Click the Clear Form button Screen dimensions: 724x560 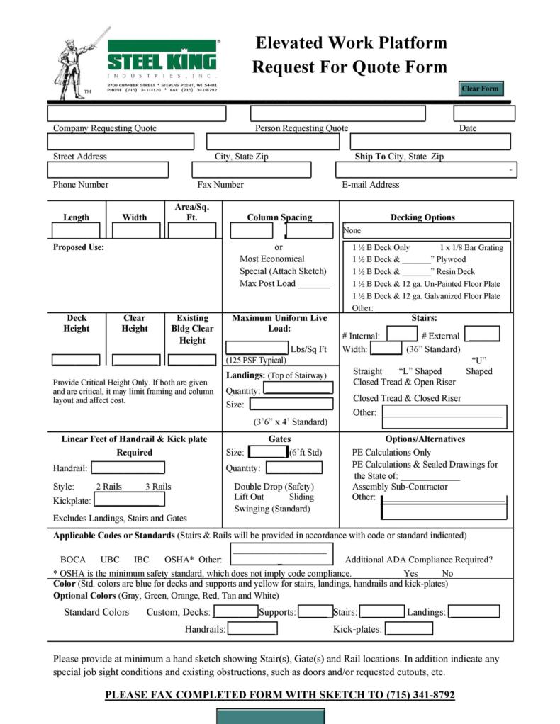[480, 89]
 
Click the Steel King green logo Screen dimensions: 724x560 [162, 55]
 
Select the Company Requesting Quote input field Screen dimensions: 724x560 [137, 113]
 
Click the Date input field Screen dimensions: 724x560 [484, 113]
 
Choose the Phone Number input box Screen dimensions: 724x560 [108, 170]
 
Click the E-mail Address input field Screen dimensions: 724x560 [426, 170]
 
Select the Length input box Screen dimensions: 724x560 [76, 231]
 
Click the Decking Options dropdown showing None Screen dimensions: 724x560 [426, 231]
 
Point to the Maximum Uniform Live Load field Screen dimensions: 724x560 [257, 349]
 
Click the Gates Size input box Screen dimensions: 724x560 [268, 452]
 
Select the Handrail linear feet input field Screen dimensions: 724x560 [128, 468]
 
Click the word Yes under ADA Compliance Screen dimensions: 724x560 [410, 573]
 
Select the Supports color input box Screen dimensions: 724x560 [315, 612]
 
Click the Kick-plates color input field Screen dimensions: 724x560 [408, 629]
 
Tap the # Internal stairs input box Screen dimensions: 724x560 [402, 334]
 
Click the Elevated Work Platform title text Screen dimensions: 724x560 [351, 43]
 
